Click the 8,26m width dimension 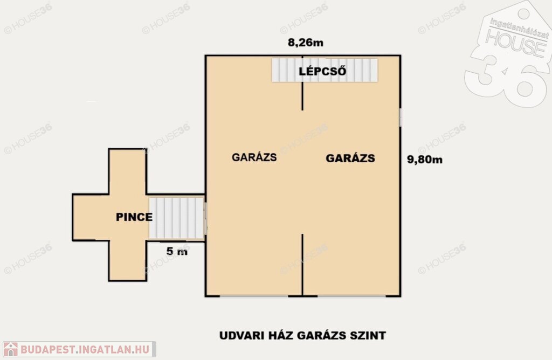click(306, 43)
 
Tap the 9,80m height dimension click(425, 160)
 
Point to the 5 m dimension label click(177, 251)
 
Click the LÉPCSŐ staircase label click(322, 71)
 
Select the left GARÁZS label click(254, 157)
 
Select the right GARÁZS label click(350, 158)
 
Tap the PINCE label click(134, 217)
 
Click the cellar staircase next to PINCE click(176, 218)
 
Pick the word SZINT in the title click(368, 335)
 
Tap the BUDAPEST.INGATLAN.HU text click(85, 349)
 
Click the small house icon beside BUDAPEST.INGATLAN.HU click(11, 349)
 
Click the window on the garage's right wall click(401, 117)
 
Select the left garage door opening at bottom click(254, 296)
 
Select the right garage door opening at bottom click(351, 296)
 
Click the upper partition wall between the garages click(302, 83)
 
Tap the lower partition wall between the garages click(302, 265)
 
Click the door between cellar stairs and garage click(205, 218)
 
